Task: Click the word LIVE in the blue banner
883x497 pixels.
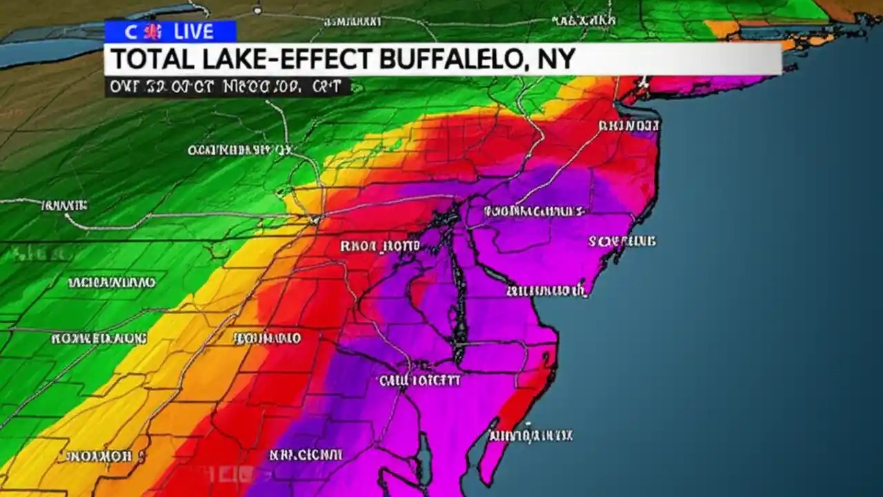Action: [x=195, y=31]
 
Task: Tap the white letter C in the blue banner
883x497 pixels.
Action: [x=130, y=31]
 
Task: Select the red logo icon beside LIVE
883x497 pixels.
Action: [x=155, y=31]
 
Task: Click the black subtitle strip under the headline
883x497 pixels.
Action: [x=228, y=87]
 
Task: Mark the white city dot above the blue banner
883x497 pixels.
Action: [x=257, y=11]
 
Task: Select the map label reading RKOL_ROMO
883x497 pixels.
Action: [x=380, y=246]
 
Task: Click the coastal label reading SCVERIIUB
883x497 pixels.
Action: [x=622, y=242]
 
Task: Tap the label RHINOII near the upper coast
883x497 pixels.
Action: [x=629, y=126]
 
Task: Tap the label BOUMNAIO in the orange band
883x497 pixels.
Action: [x=267, y=338]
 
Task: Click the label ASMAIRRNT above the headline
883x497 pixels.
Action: [x=353, y=22]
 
